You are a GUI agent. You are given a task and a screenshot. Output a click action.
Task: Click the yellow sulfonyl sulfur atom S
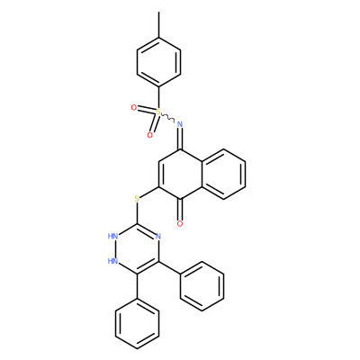click(x=158, y=112)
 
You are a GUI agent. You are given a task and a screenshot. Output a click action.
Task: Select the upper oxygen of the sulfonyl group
click(x=134, y=107)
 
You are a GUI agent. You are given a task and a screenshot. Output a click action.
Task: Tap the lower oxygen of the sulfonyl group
click(x=149, y=135)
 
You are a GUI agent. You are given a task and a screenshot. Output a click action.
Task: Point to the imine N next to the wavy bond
click(x=180, y=123)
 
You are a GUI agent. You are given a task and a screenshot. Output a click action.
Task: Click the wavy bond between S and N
click(x=168, y=118)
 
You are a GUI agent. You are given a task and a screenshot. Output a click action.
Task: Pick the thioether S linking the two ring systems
click(x=137, y=199)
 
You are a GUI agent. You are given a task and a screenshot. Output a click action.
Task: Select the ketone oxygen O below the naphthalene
click(x=180, y=223)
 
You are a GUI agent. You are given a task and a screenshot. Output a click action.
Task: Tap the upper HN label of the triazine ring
click(x=112, y=236)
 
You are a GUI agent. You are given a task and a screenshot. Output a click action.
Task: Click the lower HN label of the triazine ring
click(x=112, y=261)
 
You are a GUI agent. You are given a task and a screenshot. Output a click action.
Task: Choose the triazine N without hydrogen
click(x=158, y=236)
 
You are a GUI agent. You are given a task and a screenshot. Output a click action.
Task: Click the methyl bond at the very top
click(x=158, y=25)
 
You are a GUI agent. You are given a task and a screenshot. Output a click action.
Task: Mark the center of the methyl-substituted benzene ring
click(x=158, y=62)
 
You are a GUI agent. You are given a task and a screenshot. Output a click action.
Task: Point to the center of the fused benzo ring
click(x=223, y=174)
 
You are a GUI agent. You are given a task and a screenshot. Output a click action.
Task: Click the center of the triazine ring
click(x=137, y=248)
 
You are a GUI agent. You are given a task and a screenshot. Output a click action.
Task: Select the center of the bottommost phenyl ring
click(x=137, y=324)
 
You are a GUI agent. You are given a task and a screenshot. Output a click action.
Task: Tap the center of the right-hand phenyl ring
click(x=202, y=286)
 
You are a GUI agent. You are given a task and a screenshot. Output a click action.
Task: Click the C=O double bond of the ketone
click(x=180, y=209)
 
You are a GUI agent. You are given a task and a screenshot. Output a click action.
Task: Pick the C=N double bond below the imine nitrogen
click(x=180, y=139)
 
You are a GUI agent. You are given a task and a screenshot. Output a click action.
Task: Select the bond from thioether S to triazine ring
click(x=137, y=213)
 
